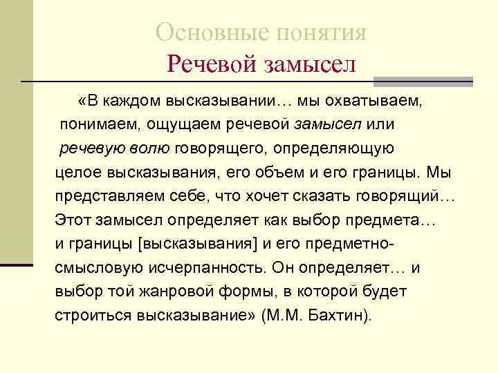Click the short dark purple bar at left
[x=17, y=263]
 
